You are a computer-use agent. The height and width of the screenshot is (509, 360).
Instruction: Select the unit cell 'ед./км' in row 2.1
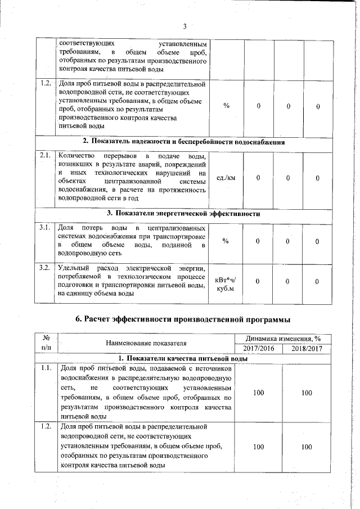pos(226,178)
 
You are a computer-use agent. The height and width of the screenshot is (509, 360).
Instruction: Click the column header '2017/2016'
pos(258,349)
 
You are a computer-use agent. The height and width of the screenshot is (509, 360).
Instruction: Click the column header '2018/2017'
pos(307,349)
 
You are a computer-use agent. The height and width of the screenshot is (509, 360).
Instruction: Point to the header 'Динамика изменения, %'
pos(282,339)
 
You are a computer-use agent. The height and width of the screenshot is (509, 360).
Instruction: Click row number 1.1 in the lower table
pos(47,368)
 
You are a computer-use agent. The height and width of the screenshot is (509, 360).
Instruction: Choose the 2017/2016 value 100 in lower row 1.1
pos(258,393)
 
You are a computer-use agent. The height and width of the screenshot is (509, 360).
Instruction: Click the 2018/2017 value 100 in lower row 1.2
pos(307,447)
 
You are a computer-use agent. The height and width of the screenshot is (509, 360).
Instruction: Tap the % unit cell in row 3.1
pos(226,241)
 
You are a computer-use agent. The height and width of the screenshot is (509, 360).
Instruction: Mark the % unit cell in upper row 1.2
pos(226,106)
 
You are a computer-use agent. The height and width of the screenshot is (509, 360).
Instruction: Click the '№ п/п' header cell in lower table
pos(47,343)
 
